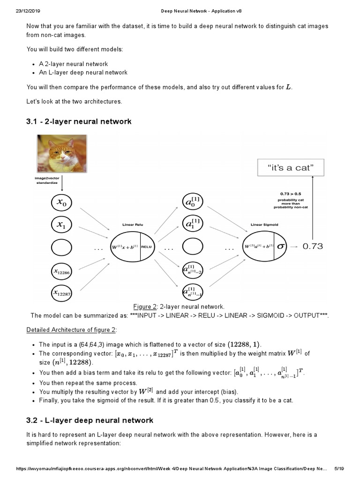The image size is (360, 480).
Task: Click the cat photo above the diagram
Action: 60,154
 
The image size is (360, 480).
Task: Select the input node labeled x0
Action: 64,202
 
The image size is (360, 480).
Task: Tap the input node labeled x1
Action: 64,225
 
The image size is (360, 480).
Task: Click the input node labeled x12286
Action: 64,270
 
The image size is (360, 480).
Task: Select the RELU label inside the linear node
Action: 147,247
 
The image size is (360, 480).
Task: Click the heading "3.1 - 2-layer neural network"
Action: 79,122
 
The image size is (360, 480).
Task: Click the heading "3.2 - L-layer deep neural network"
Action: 89,420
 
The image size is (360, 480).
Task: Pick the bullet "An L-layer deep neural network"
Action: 83,73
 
